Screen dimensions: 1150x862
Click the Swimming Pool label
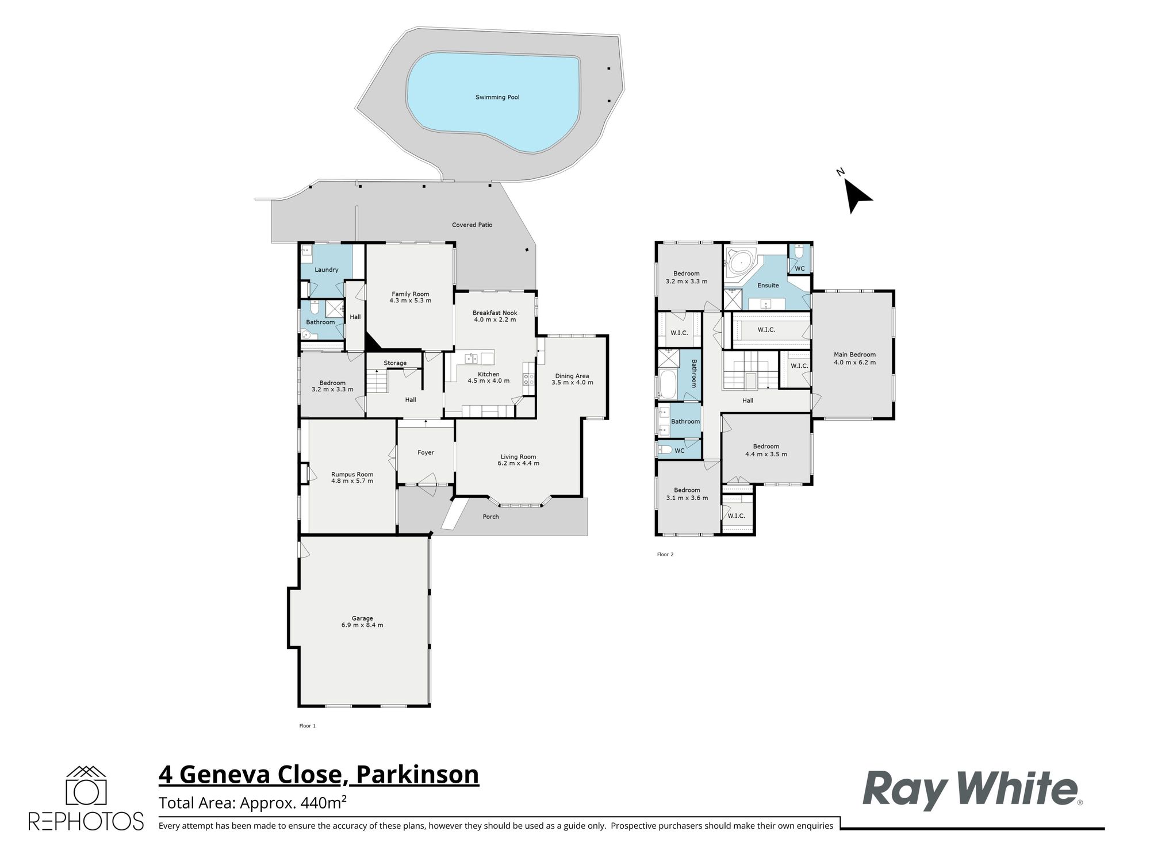pyautogui.click(x=497, y=97)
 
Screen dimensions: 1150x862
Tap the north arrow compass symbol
pyautogui.click(x=856, y=194)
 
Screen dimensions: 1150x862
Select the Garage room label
pyautogui.click(x=362, y=622)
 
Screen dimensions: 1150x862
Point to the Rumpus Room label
pyautogui.click(x=352, y=478)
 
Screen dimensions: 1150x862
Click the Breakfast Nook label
pyautogui.click(x=495, y=316)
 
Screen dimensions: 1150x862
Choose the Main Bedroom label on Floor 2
pyautogui.click(x=854, y=359)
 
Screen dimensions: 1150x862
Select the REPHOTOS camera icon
pyautogui.click(x=86, y=785)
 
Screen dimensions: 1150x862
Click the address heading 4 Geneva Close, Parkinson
pyautogui.click(x=319, y=774)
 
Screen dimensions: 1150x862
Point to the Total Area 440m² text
pyautogui.click(x=252, y=802)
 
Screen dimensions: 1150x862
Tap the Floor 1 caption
pyautogui.click(x=308, y=726)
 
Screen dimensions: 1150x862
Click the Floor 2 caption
pyautogui.click(x=665, y=555)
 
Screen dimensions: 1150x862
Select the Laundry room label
pyautogui.click(x=327, y=270)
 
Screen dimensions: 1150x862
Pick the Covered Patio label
pyautogui.click(x=472, y=225)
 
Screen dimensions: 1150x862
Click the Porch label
pyautogui.click(x=490, y=517)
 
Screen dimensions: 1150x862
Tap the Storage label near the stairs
pyautogui.click(x=395, y=363)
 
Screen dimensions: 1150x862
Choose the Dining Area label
pyautogui.click(x=572, y=379)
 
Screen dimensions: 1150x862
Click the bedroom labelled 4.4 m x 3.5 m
pyautogui.click(x=766, y=450)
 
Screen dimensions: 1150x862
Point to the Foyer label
pyautogui.click(x=425, y=453)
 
